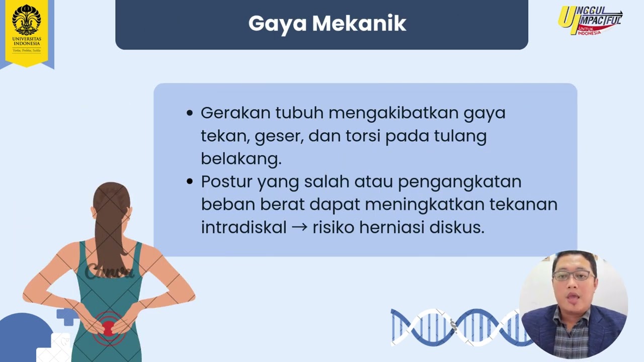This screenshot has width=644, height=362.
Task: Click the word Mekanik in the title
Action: coord(359,23)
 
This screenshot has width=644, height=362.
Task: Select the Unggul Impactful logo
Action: coord(590,21)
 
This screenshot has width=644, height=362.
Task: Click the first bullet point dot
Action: coord(190,113)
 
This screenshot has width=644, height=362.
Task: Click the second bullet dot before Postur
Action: coord(190,182)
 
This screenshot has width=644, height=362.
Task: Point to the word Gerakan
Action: coord(235,113)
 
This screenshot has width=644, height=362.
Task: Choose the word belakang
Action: coord(241,158)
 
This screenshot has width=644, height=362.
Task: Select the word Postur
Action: coord(226,182)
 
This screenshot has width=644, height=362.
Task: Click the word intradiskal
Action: coord(244,227)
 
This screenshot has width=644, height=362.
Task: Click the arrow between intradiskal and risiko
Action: coord(299,228)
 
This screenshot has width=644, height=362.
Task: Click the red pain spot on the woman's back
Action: coord(108,329)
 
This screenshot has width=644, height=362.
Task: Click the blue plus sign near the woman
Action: coord(67,317)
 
